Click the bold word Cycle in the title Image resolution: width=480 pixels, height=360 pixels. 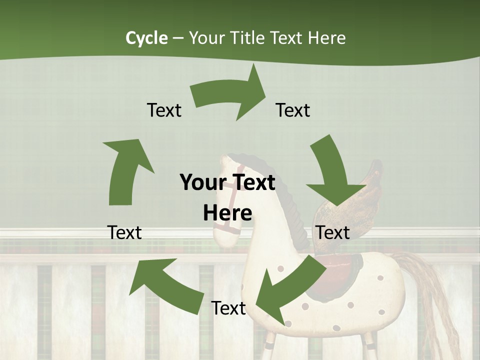[x=146, y=38]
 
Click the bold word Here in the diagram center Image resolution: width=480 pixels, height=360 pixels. [x=227, y=213]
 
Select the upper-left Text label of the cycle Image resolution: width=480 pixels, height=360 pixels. [x=164, y=110]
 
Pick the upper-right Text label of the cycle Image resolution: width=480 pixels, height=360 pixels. [x=293, y=110]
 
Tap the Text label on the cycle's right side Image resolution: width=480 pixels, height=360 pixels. [x=333, y=232]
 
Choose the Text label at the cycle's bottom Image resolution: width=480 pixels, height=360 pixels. [x=228, y=308]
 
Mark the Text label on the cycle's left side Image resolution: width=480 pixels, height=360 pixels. [x=125, y=232]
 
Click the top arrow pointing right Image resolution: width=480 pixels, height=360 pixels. [x=230, y=95]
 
